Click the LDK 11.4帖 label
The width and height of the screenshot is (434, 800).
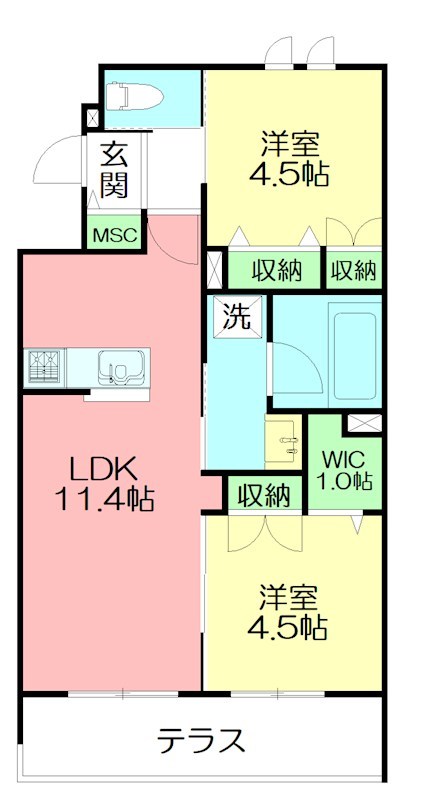click(x=110, y=483)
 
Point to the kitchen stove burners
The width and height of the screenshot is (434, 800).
click(x=44, y=366)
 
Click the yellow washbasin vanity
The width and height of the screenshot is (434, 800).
click(x=284, y=441)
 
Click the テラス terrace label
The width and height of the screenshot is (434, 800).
click(x=200, y=741)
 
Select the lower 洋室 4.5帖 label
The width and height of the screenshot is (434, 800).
click(x=287, y=613)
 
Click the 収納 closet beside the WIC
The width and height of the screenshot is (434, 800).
click(x=264, y=494)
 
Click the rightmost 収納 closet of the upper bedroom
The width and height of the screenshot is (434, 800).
click(x=353, y=269)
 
